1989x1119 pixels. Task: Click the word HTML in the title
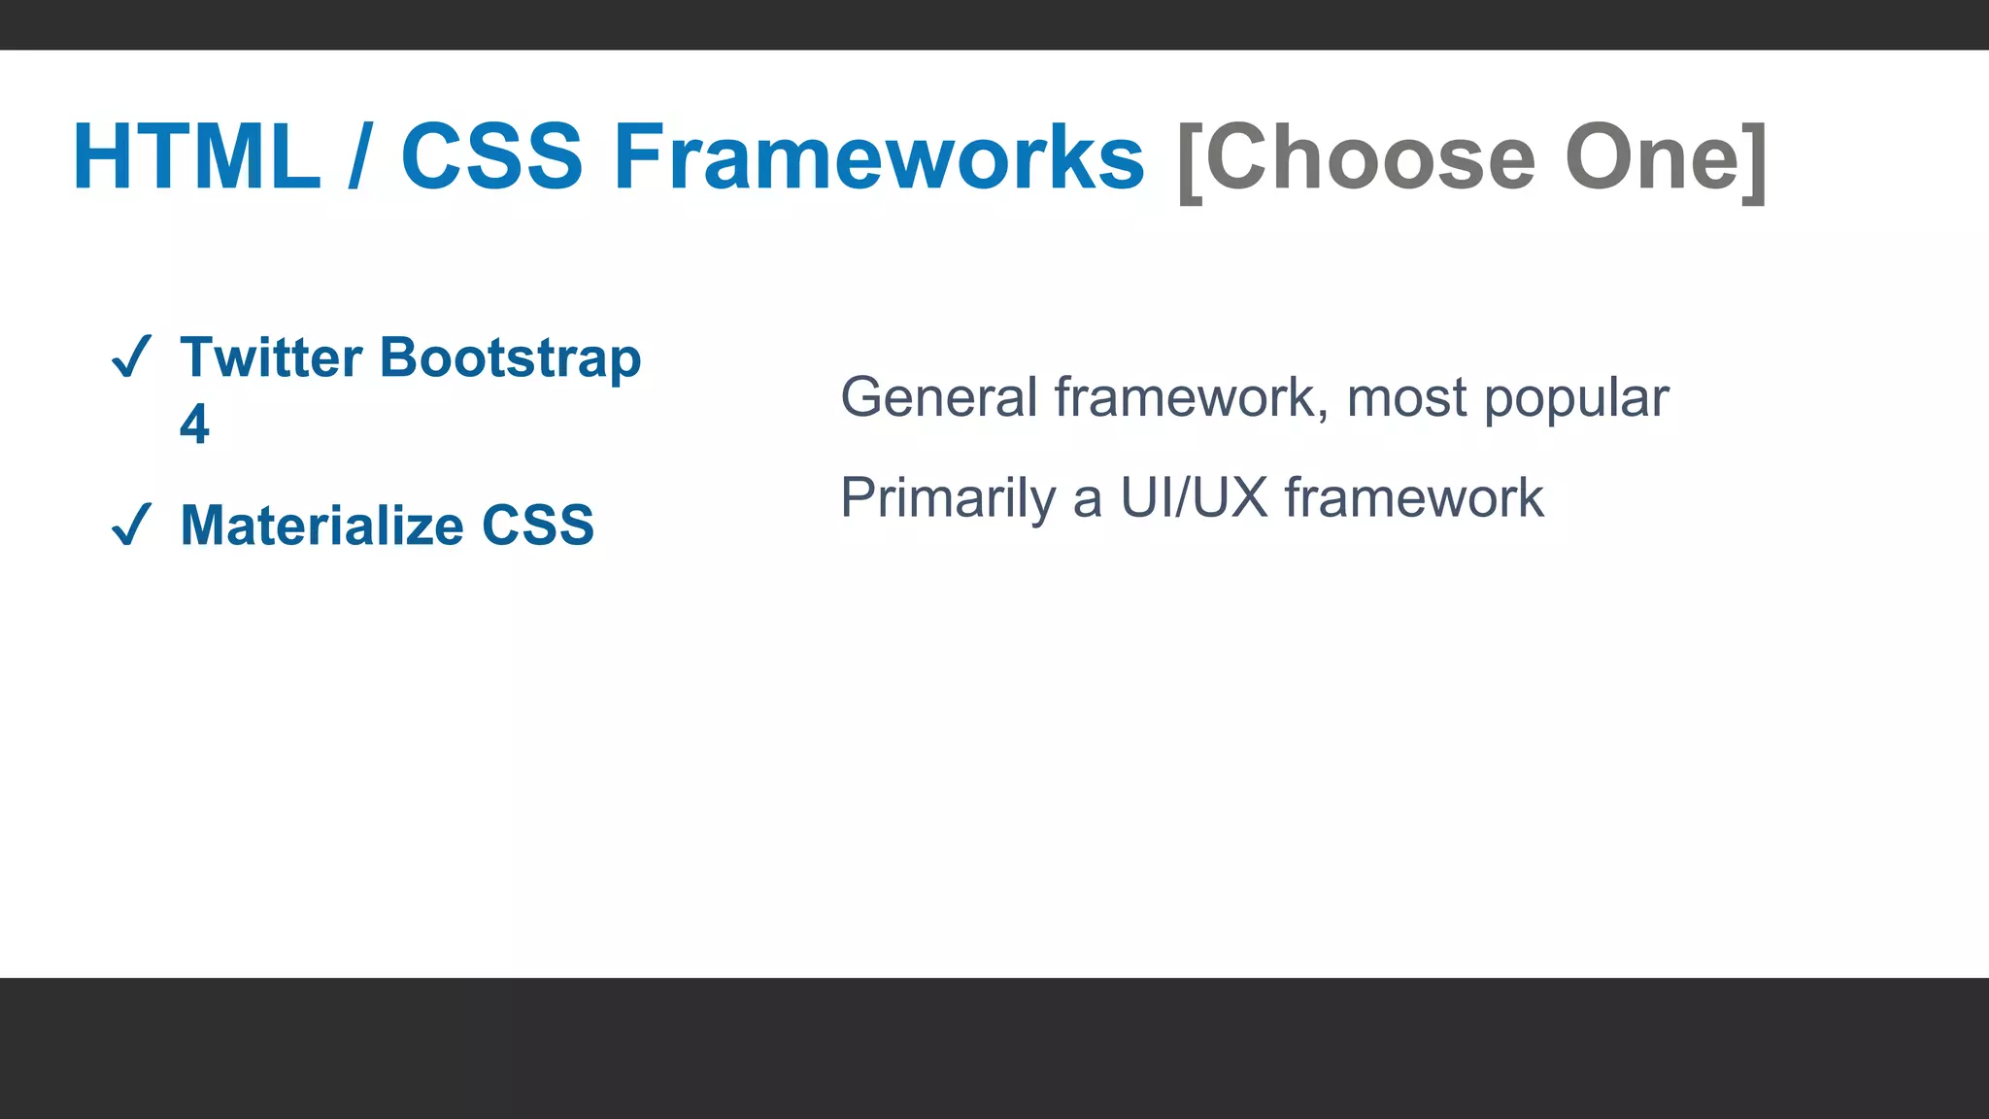196,157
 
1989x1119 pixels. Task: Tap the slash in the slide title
359,157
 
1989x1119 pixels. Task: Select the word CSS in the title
491,157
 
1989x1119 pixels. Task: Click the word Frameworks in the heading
879,157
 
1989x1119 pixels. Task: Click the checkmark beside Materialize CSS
131,525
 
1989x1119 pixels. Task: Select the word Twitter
271,357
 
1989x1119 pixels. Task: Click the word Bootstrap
511,359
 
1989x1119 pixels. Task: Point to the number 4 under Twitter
194,424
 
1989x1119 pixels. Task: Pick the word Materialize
322,526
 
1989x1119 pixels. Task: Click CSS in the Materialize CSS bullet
538,526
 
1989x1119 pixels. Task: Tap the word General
939,397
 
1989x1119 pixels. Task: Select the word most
1406,399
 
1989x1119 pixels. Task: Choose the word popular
1576,399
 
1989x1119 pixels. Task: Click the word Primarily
948,499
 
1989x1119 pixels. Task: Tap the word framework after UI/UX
1414,498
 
